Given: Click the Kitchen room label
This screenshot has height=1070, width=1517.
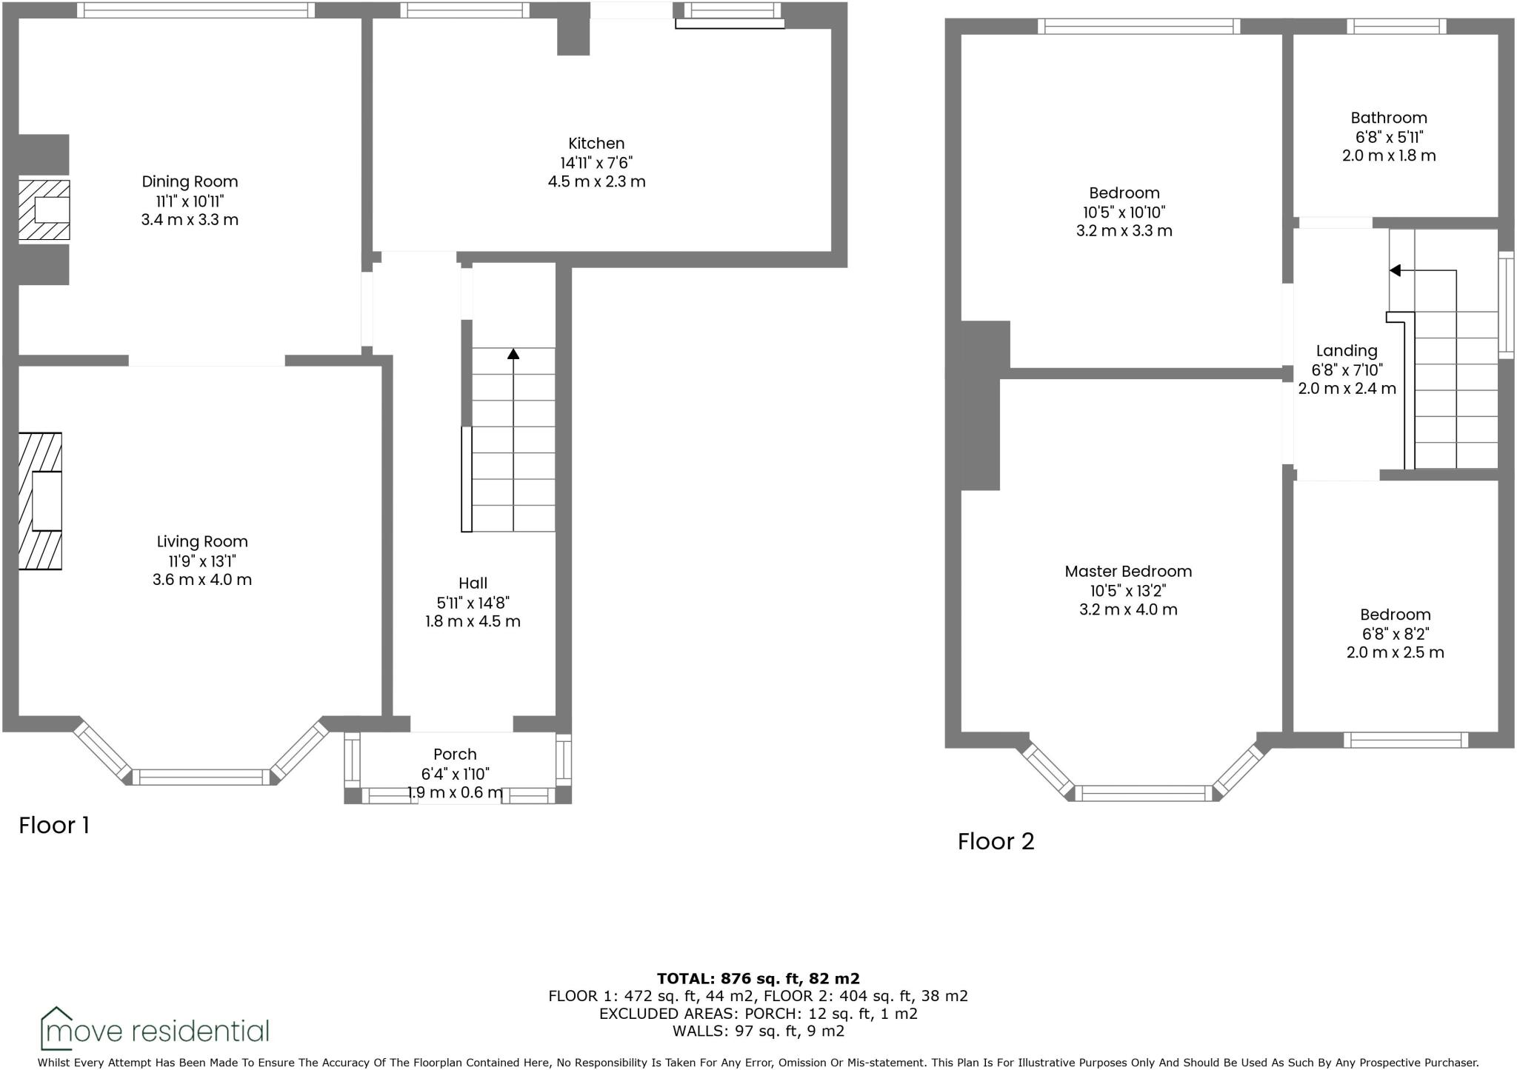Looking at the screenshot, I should point(596,144).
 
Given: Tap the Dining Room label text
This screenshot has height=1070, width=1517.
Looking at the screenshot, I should point(190,181).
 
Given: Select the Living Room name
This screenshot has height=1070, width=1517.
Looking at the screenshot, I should point(202,541).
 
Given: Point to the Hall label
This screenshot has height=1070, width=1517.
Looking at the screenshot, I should point(473,583).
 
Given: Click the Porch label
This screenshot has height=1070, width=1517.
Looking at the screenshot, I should point(455,754).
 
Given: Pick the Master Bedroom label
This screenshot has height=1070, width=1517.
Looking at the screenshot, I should point(1128,571).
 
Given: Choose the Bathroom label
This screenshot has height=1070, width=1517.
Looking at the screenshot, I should point(1389,118).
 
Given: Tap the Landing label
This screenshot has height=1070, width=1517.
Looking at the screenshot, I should point(1347,351).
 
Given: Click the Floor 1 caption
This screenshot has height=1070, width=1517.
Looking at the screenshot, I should point(54,825).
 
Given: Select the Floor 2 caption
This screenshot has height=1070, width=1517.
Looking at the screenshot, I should point(996,841).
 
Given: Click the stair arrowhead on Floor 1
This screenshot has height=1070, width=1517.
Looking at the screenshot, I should point(513,353).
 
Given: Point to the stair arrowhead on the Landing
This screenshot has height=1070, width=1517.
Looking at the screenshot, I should point(1395,270).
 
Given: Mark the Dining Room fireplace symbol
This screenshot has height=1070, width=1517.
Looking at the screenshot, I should point(44,210).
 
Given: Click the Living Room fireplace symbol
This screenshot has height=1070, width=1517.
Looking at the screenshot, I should point(41,501).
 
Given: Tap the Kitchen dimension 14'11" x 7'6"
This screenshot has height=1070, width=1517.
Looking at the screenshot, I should point(596,163).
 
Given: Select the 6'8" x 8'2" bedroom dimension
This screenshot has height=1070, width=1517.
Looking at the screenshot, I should point(1395,634).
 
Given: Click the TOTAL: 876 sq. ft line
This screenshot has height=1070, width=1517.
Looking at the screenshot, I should point(758,979).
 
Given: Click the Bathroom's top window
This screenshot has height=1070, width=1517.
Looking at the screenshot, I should point(1396,27).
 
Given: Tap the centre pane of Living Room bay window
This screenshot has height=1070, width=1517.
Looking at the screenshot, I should point(201,777).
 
